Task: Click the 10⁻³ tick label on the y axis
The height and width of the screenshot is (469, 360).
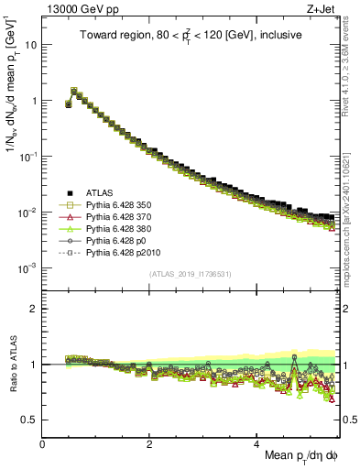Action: [29, 267]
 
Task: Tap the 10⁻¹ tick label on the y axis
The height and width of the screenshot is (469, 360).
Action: [29, 157]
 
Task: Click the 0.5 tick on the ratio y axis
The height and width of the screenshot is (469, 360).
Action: [30, 420]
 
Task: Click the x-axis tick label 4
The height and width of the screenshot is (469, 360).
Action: [257, 443]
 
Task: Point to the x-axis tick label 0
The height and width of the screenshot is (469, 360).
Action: [43, 443]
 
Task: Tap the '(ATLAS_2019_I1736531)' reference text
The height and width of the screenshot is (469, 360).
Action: [191, 274]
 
